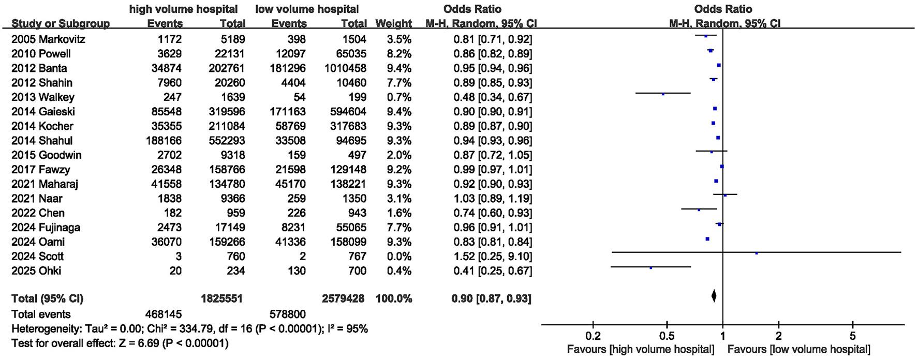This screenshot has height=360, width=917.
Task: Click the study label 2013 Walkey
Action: [x=43, y=97]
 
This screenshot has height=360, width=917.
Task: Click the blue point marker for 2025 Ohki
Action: [x=651, y=268]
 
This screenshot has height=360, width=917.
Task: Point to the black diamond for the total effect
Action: [x=714, y=296]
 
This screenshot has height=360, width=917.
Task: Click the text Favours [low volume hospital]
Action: [x=798, y=349]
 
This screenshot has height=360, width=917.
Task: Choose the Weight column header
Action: [x=393, y=24]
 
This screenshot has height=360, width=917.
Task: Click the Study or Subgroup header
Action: [x=61, y=24]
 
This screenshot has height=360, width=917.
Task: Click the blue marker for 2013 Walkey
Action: [x=663, y=94]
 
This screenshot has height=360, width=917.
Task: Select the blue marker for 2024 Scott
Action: [x=757, y=253]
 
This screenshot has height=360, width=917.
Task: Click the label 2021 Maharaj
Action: [x=45, y=184]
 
